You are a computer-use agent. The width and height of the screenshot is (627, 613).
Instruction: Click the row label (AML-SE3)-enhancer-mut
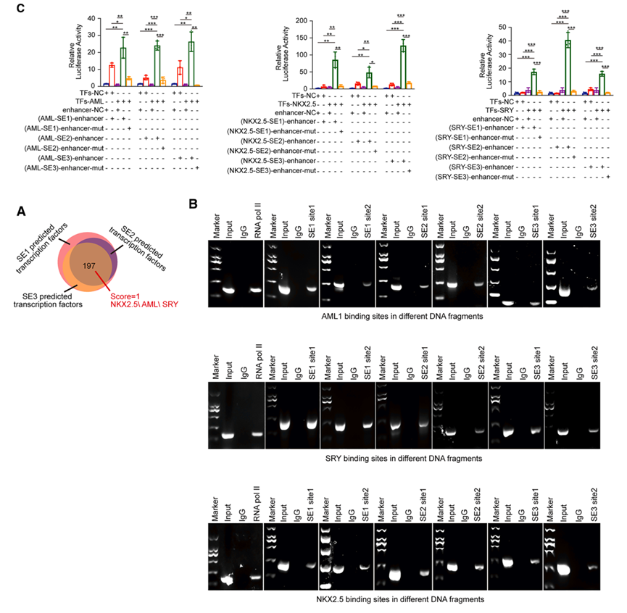point(63,168)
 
